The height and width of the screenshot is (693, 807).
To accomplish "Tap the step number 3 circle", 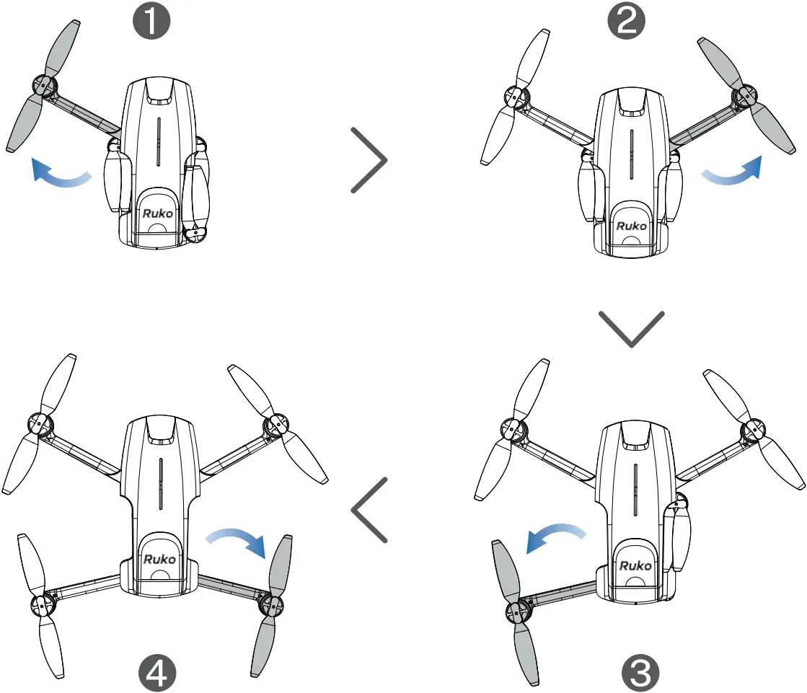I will click(639, 673).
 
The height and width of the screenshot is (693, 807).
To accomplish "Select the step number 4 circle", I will click(159, 673).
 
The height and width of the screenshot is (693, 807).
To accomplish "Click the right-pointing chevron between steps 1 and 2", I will click(369, 160).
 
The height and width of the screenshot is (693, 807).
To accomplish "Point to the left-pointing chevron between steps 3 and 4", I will click(369, 510).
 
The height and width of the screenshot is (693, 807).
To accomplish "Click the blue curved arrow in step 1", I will click(61, 175).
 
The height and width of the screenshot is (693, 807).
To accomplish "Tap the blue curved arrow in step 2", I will click(733, 173).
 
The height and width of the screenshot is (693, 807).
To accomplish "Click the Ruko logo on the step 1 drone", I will click(156, 213).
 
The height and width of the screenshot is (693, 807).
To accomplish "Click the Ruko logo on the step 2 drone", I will click(632, 226).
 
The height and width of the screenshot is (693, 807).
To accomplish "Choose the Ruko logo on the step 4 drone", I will click(159, 559).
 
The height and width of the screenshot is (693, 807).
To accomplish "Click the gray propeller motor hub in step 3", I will click(516, 612).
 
